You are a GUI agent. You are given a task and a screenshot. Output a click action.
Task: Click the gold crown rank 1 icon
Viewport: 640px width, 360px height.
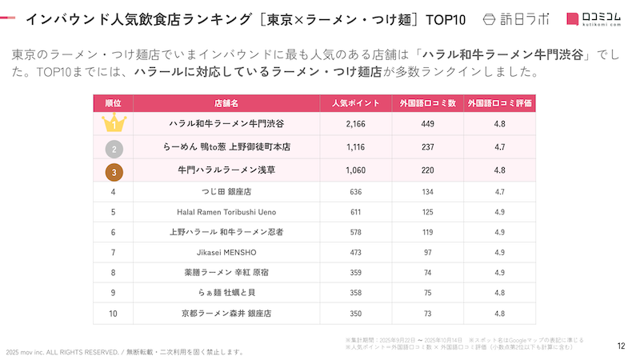click(114, 125)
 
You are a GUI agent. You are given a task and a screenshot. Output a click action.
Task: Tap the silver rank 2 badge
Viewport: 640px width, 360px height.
click(114, 148)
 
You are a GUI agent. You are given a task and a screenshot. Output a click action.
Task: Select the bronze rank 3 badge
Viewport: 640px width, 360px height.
click(114, 171)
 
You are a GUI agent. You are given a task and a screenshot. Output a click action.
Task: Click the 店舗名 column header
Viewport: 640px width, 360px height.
click(226, 104)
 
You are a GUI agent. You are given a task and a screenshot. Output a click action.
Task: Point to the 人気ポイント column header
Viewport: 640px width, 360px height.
click(356, 104)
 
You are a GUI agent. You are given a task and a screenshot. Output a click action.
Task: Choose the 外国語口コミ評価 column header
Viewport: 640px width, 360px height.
click(500, 104)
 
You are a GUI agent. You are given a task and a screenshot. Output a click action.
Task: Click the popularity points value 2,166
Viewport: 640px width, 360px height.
click(356, 125)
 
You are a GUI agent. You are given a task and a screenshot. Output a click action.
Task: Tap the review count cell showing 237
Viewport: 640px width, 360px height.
click(428, 148)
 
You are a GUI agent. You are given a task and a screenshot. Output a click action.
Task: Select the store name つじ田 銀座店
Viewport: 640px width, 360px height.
click(226, 192)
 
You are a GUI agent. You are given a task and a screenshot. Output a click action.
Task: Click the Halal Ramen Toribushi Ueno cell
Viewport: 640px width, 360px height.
click(226, 213)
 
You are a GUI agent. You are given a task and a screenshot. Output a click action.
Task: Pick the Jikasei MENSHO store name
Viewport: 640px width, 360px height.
click(226, 253)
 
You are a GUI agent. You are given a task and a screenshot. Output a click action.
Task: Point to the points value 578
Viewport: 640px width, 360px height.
click(356, 233)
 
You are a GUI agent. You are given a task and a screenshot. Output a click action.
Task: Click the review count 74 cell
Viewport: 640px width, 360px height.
click(428, 273)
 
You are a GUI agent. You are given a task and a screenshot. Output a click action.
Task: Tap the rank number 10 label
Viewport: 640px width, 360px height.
click(114, 313)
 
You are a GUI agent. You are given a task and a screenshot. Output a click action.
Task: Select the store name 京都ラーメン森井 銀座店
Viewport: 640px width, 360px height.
click(226, 313)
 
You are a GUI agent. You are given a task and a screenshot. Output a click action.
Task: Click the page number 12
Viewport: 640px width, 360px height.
click(621, 346)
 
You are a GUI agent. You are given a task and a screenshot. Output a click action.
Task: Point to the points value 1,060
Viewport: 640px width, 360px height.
click(356, 171)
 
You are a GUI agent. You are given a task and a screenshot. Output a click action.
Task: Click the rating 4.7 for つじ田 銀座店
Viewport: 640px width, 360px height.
click(500, 192)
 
